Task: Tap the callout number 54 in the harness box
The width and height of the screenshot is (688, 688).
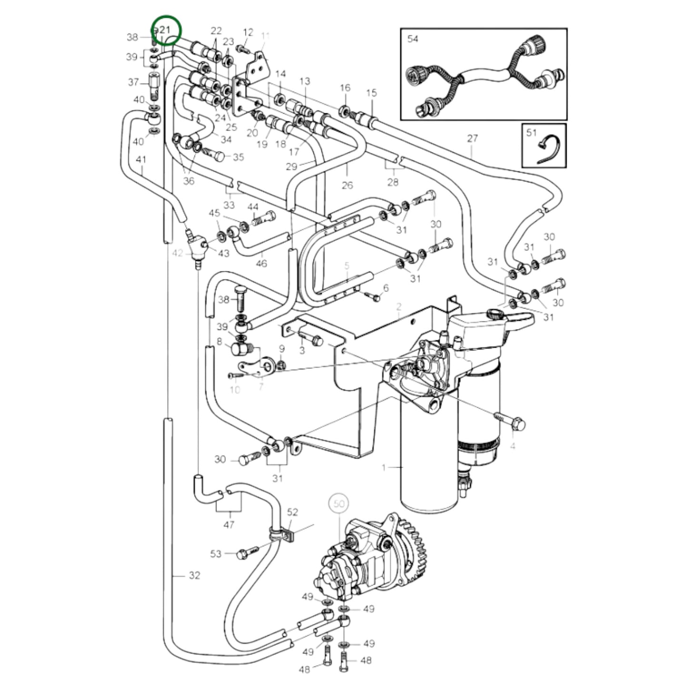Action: tap(413, 39)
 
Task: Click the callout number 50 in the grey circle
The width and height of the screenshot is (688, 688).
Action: tap(339, 504)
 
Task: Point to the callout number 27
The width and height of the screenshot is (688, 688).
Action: tap(472, 139)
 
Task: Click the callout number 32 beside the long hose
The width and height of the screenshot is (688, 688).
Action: tap(194, 576)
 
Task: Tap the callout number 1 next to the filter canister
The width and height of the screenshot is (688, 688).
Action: tap(384, 468)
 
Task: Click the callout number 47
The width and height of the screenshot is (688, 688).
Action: tap(229, 525)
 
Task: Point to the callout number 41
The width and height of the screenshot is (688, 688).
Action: tap(141, 160)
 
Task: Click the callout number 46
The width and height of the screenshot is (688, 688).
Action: tap(261, 263)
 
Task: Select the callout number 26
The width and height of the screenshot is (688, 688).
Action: tap(347, 185)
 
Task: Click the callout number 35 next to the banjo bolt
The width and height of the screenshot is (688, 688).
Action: tap(238, 157)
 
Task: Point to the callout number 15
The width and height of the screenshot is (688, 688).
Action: tap(371, 93)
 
